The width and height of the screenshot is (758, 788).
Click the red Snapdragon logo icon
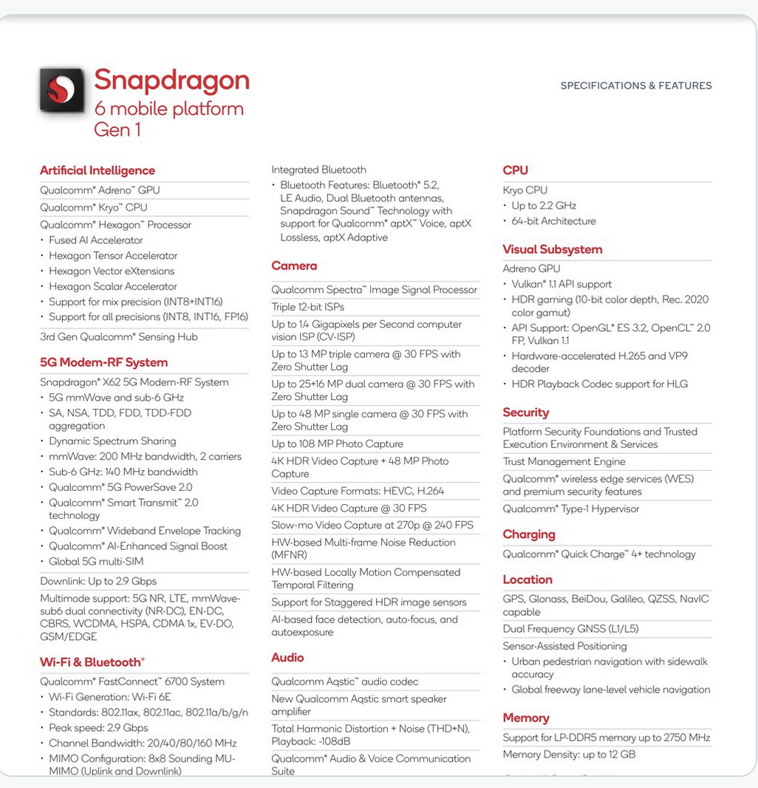coord(61,89)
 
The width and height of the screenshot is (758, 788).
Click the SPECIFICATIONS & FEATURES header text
coord(636,86)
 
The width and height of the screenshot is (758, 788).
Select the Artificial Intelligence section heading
coord(98,171)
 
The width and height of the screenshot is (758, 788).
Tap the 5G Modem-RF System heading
coord(104,362)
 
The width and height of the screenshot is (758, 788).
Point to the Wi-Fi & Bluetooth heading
coord(92,662)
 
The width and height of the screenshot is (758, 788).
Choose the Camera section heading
coord(294,266)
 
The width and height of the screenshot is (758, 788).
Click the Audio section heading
coord(287,657)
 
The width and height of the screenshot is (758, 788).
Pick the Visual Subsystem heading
coord(553,249)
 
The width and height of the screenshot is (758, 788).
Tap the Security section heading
coord(526,412)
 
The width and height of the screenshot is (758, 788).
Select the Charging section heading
coord(529,534)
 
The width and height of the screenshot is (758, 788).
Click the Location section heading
coord(527,580)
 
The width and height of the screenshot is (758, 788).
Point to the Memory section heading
coord(526,718)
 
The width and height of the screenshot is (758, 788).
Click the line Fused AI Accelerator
coord(96,240)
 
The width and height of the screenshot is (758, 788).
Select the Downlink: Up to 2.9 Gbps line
coord(98,581)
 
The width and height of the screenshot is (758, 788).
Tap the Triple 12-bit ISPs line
coord(307,307)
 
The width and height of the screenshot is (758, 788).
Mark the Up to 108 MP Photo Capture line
coord(337,444)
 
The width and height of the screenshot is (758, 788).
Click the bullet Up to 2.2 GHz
coord(544,206)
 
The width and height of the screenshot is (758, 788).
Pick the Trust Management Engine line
coord(564,461)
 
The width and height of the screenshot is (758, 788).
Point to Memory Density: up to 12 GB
coord(569,755)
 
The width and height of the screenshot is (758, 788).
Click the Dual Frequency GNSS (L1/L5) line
coord(570,628)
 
